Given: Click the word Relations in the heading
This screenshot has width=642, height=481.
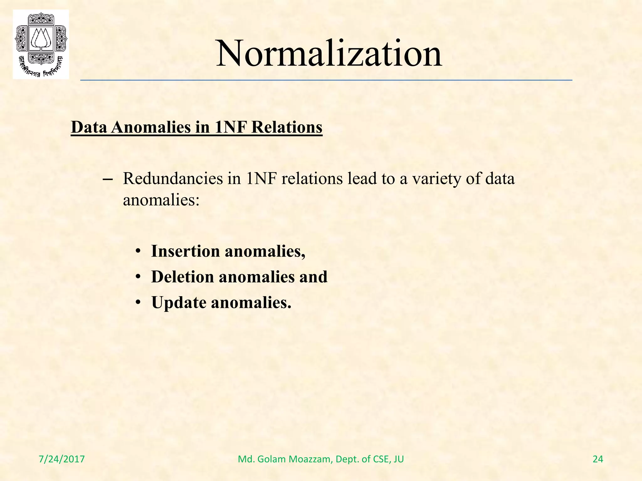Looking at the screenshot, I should pos(287,127).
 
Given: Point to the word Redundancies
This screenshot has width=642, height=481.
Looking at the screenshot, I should pos(173,179).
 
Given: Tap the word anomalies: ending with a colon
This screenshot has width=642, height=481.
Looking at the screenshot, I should pos(161,200).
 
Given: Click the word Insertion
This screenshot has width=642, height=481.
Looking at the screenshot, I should pos(185,251).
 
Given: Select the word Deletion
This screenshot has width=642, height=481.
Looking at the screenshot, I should pos(182,277).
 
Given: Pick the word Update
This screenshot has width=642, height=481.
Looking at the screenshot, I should pos(179,303).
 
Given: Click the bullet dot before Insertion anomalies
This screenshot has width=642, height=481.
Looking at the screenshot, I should pos(138,252).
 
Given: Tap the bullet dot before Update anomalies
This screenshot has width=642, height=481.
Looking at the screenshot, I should pos(138,303).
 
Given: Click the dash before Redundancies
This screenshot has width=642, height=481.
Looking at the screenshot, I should pos(108,180).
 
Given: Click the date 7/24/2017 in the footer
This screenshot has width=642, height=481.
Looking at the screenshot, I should pos(62,459).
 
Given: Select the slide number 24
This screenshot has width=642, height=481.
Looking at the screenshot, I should pos(598,459).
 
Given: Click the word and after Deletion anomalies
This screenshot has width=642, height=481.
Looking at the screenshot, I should pos(313,277).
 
